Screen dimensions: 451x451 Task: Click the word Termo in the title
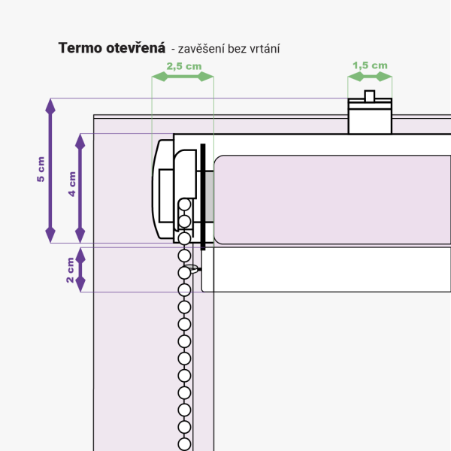tap(79, 48)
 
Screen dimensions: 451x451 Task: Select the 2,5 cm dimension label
tap(183, 66)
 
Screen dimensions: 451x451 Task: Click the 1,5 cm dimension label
tap(370, 65)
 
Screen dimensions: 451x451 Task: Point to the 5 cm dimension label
tap(41, 170)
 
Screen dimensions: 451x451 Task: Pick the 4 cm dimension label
tap(72, 183)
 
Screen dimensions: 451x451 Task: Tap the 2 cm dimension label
tap(70, 270)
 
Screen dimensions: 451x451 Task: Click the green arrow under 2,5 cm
tap(183, 77)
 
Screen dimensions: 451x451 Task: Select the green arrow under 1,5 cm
tap(370, 77)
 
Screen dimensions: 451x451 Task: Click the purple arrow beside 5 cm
tap(50, 170)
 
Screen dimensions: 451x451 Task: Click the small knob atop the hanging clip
tap(369, 95)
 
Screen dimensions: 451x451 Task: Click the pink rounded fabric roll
tap(331, 200)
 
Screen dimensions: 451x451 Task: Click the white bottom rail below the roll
tap(323, 270)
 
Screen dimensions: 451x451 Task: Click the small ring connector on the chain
tap(194, 268)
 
